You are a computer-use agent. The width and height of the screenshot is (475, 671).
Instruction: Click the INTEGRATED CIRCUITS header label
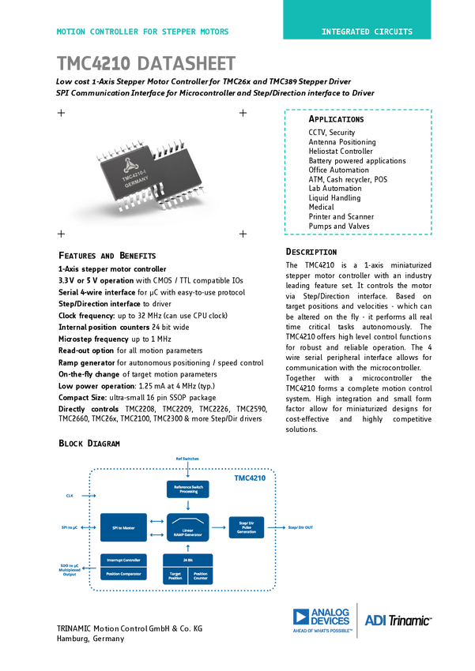[366, 32]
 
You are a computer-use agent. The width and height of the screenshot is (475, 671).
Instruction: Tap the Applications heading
[336, 119]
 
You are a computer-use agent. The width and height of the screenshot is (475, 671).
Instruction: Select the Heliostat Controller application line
[341, 152]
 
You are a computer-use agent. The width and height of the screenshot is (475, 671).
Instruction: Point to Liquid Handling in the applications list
[334, 198]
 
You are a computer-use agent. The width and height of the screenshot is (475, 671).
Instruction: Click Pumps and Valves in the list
[338, 226]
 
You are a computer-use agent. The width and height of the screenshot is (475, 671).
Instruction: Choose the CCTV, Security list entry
[331, 133]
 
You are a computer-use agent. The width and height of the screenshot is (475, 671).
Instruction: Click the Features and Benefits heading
[107, 256]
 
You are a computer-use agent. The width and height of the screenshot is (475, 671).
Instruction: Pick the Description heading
[311, 252]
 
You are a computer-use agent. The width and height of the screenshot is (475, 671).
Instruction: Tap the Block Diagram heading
[89, 444]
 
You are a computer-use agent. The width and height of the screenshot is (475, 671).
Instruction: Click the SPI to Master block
[125, 527]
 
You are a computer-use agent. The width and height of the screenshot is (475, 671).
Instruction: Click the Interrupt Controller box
[124, 560]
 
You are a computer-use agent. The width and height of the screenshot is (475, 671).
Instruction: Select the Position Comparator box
[124, 574]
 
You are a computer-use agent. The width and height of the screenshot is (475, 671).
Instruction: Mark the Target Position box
[175, 576]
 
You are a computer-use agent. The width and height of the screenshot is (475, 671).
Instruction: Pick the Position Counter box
[201, 576]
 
